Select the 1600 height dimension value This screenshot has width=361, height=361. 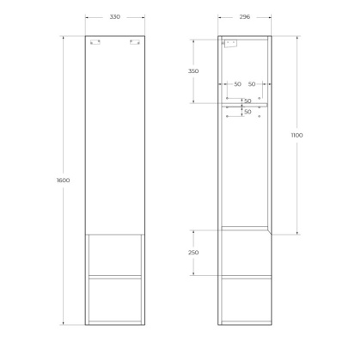(x=62, y=180)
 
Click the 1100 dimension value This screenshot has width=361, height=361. (x=297, y=136)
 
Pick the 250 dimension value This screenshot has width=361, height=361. (x=193, y=253)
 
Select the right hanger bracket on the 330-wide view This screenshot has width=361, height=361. (x=133, y=44)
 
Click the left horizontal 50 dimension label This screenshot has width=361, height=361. (x=237, y=84)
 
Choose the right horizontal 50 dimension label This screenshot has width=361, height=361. (x=252, y=84)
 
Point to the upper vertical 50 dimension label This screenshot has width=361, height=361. (x=247, y=101)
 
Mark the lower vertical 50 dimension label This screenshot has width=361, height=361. (x=247, y=112)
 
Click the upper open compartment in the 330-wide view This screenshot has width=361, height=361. (x=120, y=254)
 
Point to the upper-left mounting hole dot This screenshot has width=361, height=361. (x=227, y=94)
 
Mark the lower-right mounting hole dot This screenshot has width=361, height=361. (x=261, y=118)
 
